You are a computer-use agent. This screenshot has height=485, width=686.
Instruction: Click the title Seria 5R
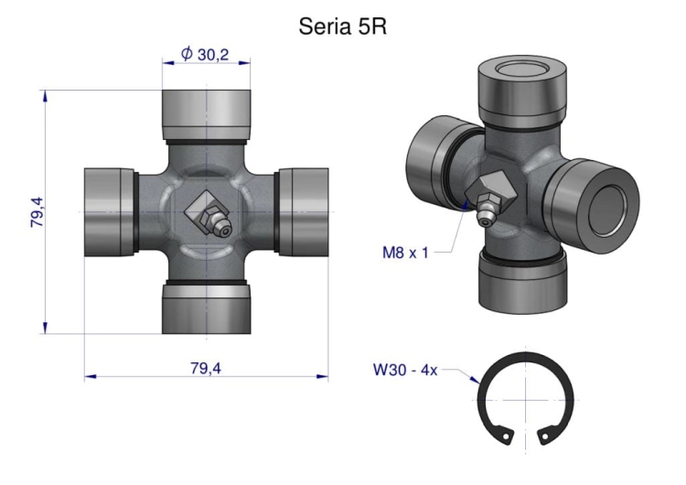pos(343,27)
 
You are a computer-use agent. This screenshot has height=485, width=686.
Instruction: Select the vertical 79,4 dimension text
pos(38,212)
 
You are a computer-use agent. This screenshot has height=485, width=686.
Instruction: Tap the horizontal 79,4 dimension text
pos(206,368)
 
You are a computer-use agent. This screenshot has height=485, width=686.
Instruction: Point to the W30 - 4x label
pos(405,371)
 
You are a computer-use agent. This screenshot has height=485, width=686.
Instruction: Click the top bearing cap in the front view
pos(206,112)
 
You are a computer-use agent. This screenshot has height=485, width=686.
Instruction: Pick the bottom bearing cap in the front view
pos(206,309)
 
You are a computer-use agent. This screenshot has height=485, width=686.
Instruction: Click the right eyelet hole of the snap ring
pos(545,436)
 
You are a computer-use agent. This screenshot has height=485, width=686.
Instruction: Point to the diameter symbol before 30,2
pos(187,54)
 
